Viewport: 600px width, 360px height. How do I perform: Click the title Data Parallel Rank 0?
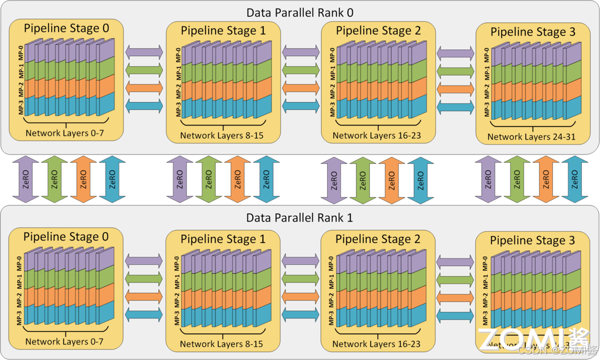(300, 12)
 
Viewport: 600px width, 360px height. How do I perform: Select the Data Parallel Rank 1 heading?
(300, 218)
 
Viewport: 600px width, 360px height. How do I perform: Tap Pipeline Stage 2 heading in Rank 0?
(378, 31)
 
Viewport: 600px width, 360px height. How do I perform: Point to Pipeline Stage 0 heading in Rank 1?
(66, 237)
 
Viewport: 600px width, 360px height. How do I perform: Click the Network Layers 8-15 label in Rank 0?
(222, 136)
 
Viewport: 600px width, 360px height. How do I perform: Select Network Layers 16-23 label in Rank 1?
(377, 344)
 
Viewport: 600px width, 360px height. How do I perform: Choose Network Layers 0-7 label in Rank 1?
(64, 341)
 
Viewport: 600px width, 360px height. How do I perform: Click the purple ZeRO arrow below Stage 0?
(26, 179)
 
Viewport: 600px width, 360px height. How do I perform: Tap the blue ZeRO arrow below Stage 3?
(574, 179)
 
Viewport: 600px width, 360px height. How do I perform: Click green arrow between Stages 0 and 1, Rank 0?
(144, 69)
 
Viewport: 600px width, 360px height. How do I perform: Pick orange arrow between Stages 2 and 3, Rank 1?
(455, 298)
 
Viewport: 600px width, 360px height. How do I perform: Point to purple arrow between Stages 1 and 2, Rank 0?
(301, 52)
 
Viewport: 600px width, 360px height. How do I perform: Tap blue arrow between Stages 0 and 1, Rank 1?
(144, 314)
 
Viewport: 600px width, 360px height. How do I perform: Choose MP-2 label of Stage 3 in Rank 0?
(487, 92)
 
